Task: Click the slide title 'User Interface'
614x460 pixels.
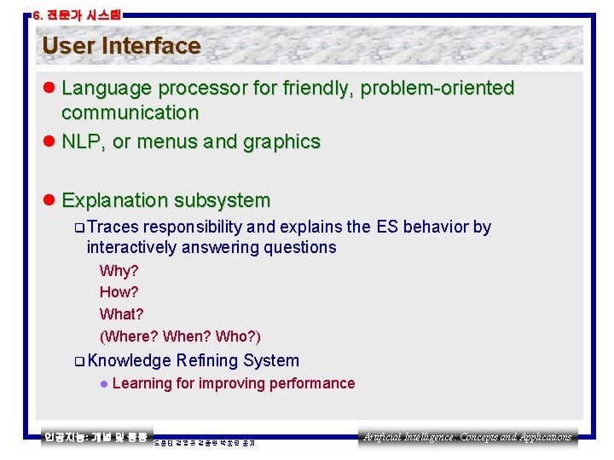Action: point(121,46)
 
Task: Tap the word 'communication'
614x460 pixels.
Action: point(130,112)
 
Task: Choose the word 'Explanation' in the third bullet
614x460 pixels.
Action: point(115,201)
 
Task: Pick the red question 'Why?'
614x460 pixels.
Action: point(119,272)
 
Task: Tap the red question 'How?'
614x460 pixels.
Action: point(119,293)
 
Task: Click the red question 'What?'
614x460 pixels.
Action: point(121,314)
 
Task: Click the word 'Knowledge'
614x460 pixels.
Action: point(129,361)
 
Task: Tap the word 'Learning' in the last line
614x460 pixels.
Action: point(142,383)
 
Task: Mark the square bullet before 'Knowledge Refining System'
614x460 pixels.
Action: point(78,361)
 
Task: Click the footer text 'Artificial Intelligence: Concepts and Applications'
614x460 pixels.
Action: point(467,437)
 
